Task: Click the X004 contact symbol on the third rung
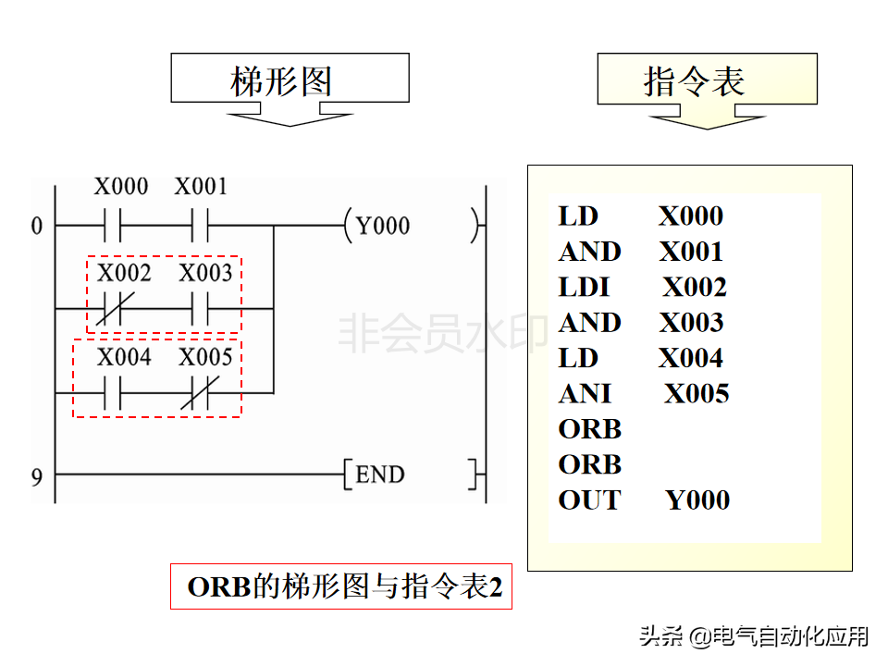point(114,392)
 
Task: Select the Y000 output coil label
point(383,226)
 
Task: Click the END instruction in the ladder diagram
point(380,475)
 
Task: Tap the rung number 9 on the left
point(37,476)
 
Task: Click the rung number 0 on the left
point(37,226)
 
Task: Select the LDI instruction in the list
point(584,288)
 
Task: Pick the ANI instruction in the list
point(585,394)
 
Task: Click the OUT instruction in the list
point(589,500)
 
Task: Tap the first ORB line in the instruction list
point(589,429)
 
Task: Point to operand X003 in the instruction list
point(691,323)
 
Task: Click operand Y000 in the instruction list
point(697,500)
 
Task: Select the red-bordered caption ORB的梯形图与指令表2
point(341,587)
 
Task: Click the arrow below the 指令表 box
point(708,118)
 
